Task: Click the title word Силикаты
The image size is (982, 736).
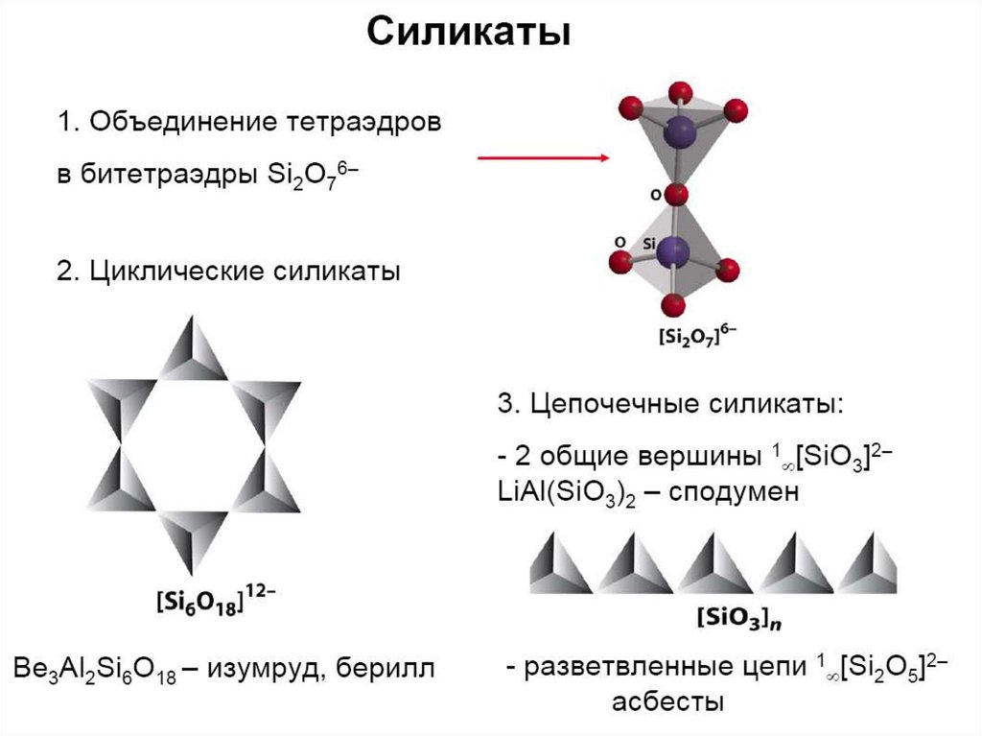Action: (470, 32)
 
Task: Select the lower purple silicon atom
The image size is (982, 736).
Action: (676, 251)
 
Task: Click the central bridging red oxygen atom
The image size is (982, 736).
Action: (676, 195)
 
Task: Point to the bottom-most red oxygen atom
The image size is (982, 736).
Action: (673, 305)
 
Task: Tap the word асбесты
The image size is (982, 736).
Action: (667, 701)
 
